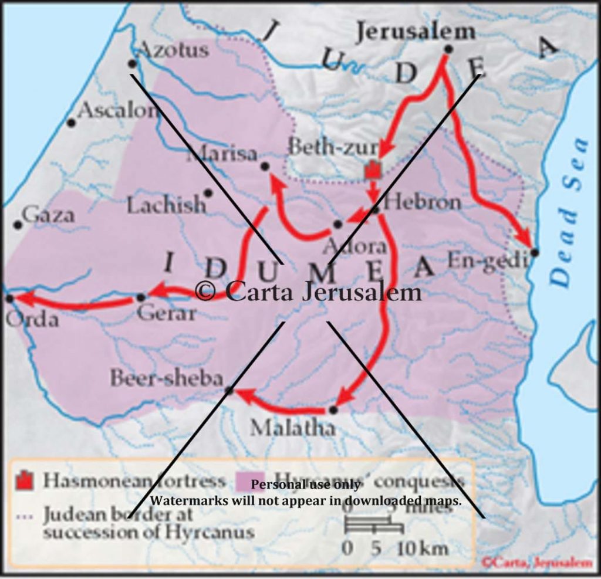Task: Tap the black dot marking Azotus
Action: pos(133,63)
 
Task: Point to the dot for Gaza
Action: pos(18,225)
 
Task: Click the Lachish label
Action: pos(167,205)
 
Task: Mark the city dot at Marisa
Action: pos(265,167)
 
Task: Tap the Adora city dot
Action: pos(337,224)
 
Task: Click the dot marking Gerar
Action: pos(141,297)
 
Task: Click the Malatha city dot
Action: pos(333,409)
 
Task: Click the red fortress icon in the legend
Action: pos(24,480)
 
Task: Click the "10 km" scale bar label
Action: pos(423,548)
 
